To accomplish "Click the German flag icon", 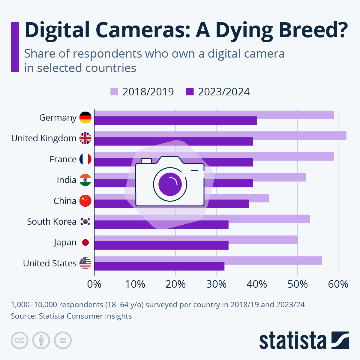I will click(85, 117).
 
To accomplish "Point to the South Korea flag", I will click(85, 222).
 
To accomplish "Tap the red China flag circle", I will click(85, 201).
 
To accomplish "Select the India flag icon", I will click(85, 180).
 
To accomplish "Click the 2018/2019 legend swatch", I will click(114, 91).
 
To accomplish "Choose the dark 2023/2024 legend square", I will click(190, 91).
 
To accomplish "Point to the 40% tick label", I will click(257, 284).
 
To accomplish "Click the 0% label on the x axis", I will click(94, 284).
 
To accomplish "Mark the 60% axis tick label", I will click(338, 284).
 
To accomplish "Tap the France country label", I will click(63, 159).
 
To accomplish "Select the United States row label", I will click(50, 263).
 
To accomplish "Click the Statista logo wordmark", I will click(292, 341).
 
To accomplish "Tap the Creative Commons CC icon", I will click(19, 340).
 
